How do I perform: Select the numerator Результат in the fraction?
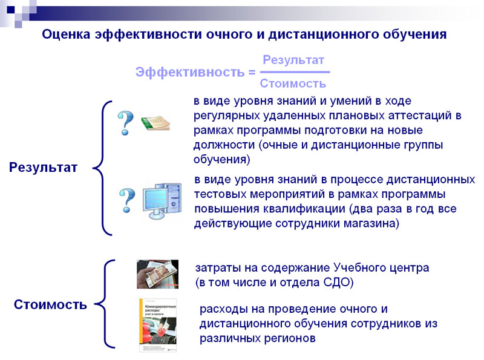pyautogui.click(x=293, y=61)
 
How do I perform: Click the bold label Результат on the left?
pyautogui.click(x=44, y=168)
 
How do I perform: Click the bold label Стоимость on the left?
pyautogui.click(x=51, y=304)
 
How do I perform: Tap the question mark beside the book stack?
pyautogui.click(x=125, y=122)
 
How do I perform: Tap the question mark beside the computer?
pyautogui.click(x=126, y=200)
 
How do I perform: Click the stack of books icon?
pyautogui.click(x=155, y=123)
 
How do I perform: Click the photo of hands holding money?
pyautogui.click(x=157, y=274)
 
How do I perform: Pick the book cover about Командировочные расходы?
pyautogui.click(x=158, y=324)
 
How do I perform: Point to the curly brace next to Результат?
pyautogui.click(x=103, y=168)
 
